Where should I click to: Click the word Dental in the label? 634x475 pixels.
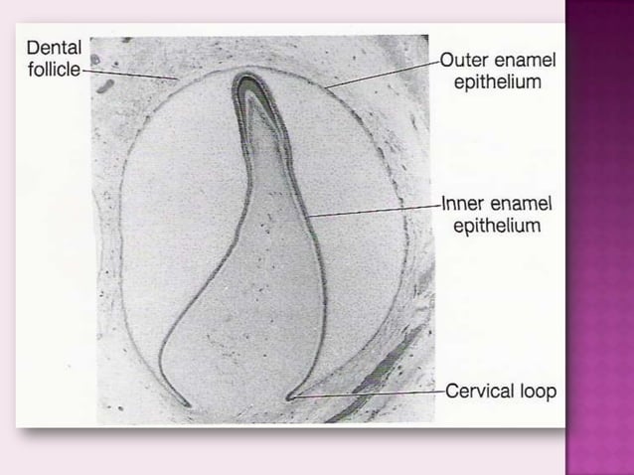53,47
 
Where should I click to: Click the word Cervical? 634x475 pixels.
480,391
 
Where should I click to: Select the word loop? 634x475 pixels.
538,391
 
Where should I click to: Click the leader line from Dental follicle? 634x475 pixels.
129,76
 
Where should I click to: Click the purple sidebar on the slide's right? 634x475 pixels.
600,238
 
